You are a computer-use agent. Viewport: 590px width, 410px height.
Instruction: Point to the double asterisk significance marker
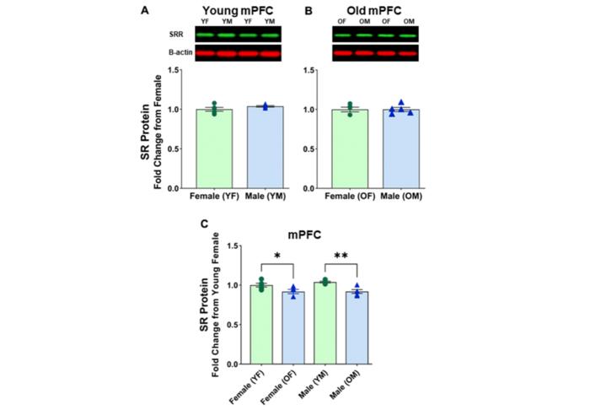(341, 254)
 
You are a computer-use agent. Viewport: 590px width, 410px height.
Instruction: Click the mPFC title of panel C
(308, 239)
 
